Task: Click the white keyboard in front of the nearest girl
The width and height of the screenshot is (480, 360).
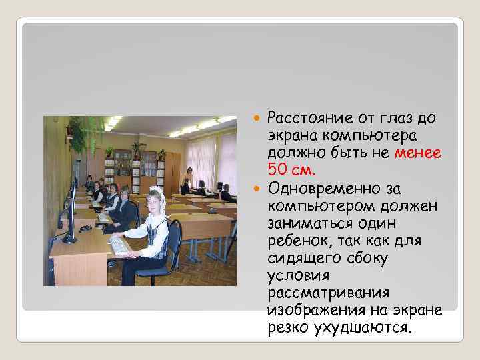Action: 120,246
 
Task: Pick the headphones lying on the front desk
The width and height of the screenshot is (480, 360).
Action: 85,229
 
